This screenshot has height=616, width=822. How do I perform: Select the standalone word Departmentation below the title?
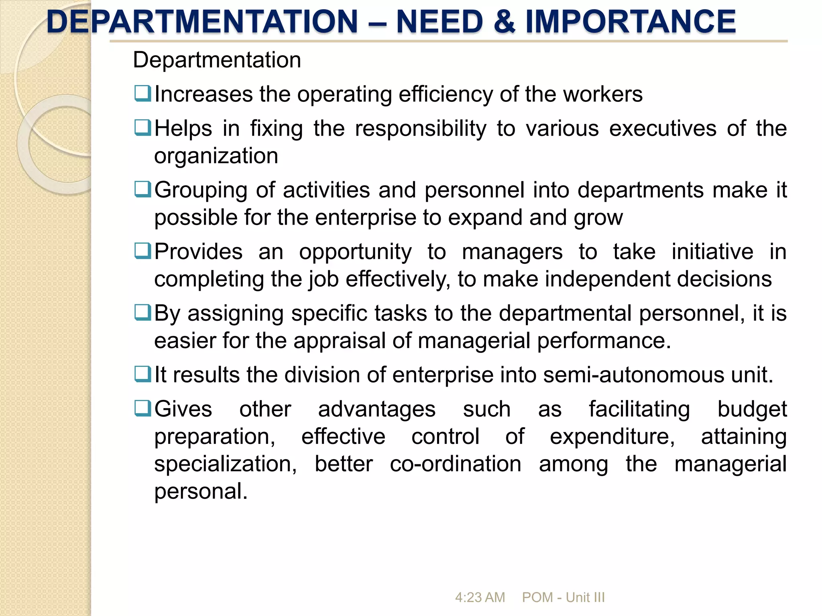tap(217, 60)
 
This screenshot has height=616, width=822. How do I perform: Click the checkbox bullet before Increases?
tap(142, 93)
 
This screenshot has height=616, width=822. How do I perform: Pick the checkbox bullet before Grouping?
tap(142, 189)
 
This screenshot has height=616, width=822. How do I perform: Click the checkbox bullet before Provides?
tap(142, 251)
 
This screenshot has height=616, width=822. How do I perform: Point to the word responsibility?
tap(420, 129)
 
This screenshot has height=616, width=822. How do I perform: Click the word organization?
tap(216, 156)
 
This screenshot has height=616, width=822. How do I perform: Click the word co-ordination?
tap(455, 464)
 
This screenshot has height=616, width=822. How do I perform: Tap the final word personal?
tap(201, 492)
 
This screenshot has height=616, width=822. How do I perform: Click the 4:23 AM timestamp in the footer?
tap(480, 597)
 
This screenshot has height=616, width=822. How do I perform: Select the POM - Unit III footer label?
tap(563, 597)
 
